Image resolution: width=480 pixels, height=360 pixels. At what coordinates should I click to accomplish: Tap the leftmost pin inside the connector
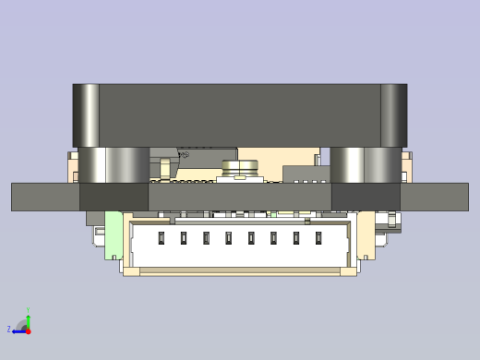coord(161,238)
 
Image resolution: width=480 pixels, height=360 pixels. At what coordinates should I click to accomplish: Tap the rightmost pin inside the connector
coord(318,238)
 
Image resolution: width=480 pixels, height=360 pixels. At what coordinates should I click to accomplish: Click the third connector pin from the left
coord(206,238)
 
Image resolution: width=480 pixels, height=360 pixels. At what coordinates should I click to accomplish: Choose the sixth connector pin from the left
coord(273,238)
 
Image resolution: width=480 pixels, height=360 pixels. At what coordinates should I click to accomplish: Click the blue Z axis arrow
coord(18,330)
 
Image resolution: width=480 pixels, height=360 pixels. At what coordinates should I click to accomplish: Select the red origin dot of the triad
coord(28,330)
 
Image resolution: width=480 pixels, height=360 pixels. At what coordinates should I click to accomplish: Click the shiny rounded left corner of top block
coord(86,114)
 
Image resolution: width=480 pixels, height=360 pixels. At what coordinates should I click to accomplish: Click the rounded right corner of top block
coord(393,114)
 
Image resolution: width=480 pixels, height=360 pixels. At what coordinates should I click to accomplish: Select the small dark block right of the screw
coord(306,174)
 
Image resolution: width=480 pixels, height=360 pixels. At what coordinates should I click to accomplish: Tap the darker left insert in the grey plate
coord(114,197)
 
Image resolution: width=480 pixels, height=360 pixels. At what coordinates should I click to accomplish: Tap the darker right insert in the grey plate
coord(366,197)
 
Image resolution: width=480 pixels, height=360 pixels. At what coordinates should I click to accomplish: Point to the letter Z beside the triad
coord(9,330)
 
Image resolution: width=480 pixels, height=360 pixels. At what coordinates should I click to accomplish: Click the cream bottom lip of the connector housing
coord(240,272)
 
